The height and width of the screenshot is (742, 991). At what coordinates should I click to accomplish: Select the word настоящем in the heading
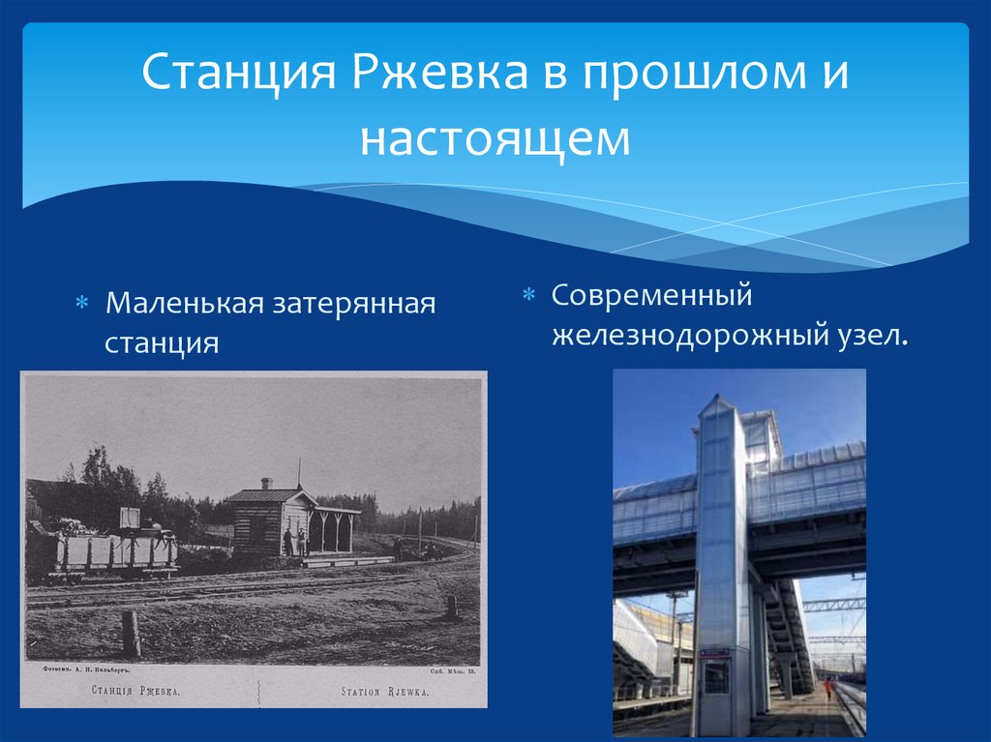(x=495, y=138)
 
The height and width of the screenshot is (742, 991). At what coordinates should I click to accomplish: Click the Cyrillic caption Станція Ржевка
(x=135, y=692)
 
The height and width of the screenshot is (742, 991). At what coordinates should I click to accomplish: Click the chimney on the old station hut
(x=267, y=482)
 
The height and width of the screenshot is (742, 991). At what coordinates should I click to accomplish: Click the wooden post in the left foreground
(x=131, y=634)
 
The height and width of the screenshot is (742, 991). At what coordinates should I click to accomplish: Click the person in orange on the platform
(x=827, y=689)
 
